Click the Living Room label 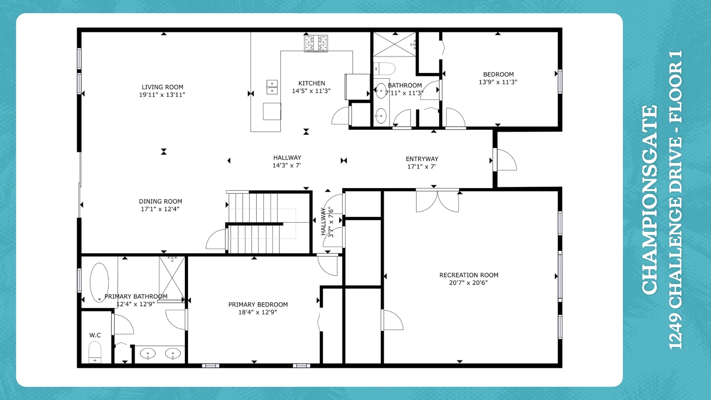[x=162, y=87]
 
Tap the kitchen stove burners [x=316, y=43]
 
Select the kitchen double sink [x=272, y=87]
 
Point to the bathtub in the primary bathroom [x=99, y=282]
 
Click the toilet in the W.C [x=95, y=352]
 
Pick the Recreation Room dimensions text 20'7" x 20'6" [x=468, y=283]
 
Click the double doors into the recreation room [x=437, y=201]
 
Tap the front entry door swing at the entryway [x=506, y=160]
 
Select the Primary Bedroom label [x=258, y=304]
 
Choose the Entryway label [x=422, y=159]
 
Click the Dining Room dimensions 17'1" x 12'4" [x=160, y=209]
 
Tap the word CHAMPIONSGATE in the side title [x=650, y=200]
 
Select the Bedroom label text [x=498, y=74]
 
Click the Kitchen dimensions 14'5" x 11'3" [x=311, y=91]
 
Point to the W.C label [x=95, y=335]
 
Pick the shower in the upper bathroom [x=395, y=44]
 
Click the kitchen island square [x=272, y=111]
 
